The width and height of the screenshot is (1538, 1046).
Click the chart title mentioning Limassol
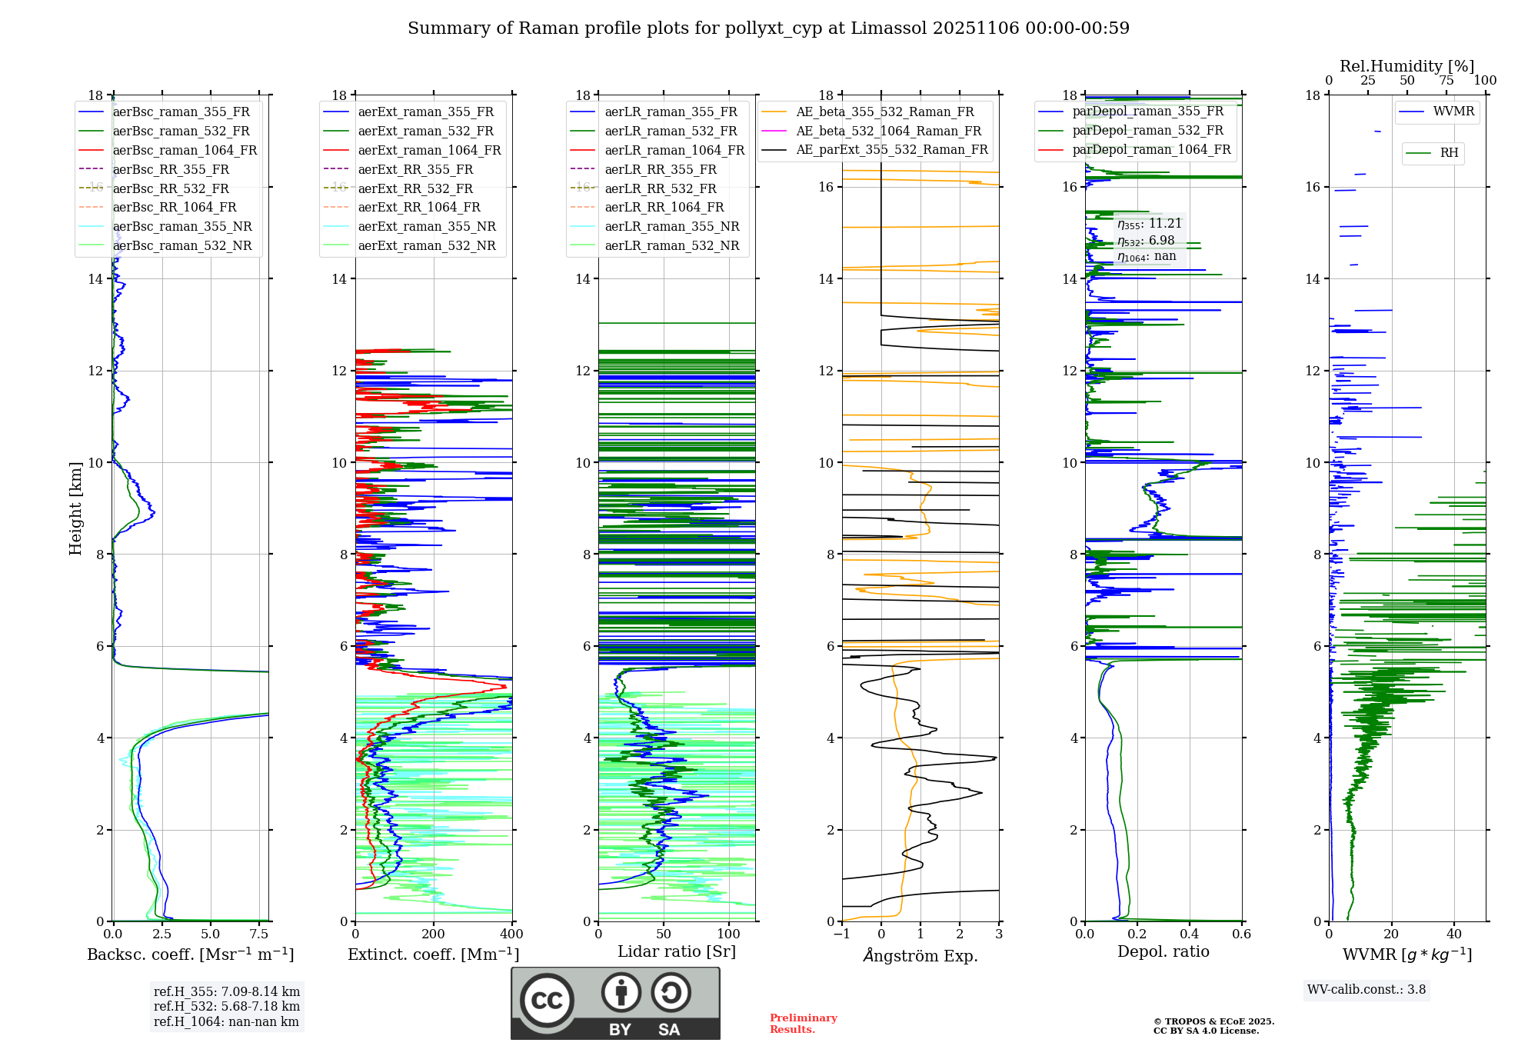[768, 28]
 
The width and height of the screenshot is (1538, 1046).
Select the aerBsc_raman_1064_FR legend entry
[185, 151]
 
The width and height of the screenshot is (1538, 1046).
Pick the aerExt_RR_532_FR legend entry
[415, 188]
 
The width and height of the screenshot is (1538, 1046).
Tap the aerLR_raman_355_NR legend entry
[671, 227]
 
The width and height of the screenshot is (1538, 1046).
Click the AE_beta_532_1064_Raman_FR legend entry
[888, 132]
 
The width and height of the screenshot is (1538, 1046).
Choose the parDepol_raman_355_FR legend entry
[1147, 112]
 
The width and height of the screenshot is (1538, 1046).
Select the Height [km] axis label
[75, 508]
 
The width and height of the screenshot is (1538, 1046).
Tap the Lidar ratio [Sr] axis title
[677, 952]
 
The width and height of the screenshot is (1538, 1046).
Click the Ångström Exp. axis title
[920, 956]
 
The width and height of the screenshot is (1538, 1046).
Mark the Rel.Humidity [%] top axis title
[1407, 66]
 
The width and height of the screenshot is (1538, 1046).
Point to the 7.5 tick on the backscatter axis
[259, 934]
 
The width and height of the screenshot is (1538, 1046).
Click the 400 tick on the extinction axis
[511, 934]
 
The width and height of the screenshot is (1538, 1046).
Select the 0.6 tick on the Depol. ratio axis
[1241, 934]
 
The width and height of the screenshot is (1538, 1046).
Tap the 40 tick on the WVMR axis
[1453, 934]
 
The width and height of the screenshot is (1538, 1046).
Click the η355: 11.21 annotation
[1150, 224]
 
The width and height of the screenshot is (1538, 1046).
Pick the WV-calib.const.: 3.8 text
[1366, 990]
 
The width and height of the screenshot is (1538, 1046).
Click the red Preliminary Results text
[803, 1024]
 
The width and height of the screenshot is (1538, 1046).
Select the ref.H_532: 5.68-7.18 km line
[227, 1007]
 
